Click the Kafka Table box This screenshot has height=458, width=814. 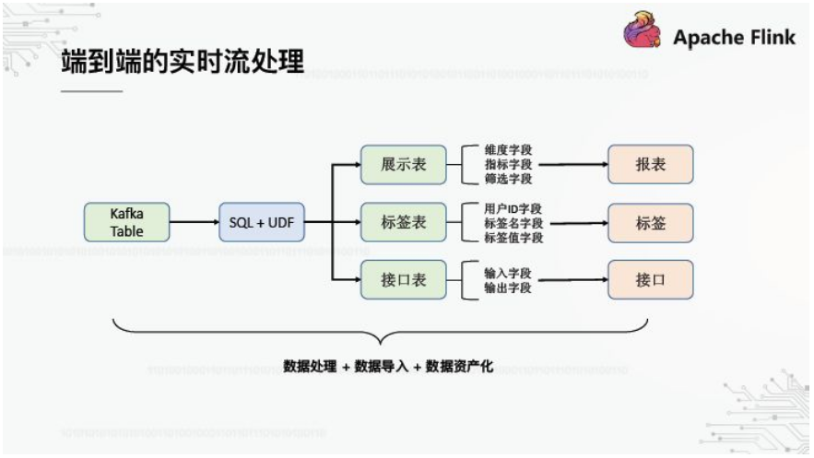pyautogui.click(x=127, y=222)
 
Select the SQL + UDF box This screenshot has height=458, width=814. pyautogui.click(x=261, y=222)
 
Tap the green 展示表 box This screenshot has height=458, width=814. pyautogui.click(x=403, y=165)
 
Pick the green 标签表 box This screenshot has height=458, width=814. pyautogui.click(x=403, y=222)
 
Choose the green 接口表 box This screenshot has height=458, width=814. pyautogui.click(x=403, y=279)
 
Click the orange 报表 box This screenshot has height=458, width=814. pyautogui.click(x=650, y=165)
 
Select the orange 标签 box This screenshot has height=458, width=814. pyautogui.click(x=650, y=222)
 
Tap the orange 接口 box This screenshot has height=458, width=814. pyautogui.click(x=650, y=279)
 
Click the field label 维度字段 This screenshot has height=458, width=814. pyautogui.click(x=508, y=149)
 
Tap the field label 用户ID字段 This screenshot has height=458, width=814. pyautogui.click(x=513, y=208)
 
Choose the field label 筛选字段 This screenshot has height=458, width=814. pyautogui.click(x=508, y=179)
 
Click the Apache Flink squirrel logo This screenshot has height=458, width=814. pyautogui.click(x=643, y=30)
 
